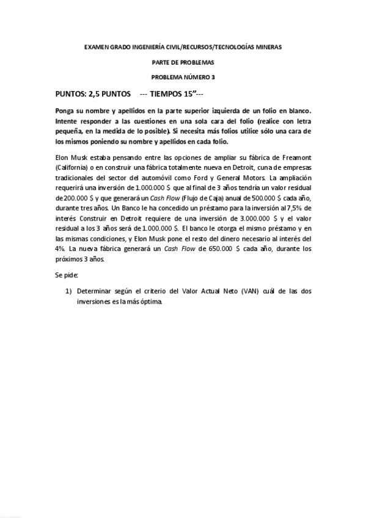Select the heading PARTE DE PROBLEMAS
click(x=183, y=62)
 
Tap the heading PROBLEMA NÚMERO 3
click(x=183, y=77)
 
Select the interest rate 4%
click(x=60, y=249)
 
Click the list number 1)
click(x=69, y=291)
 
